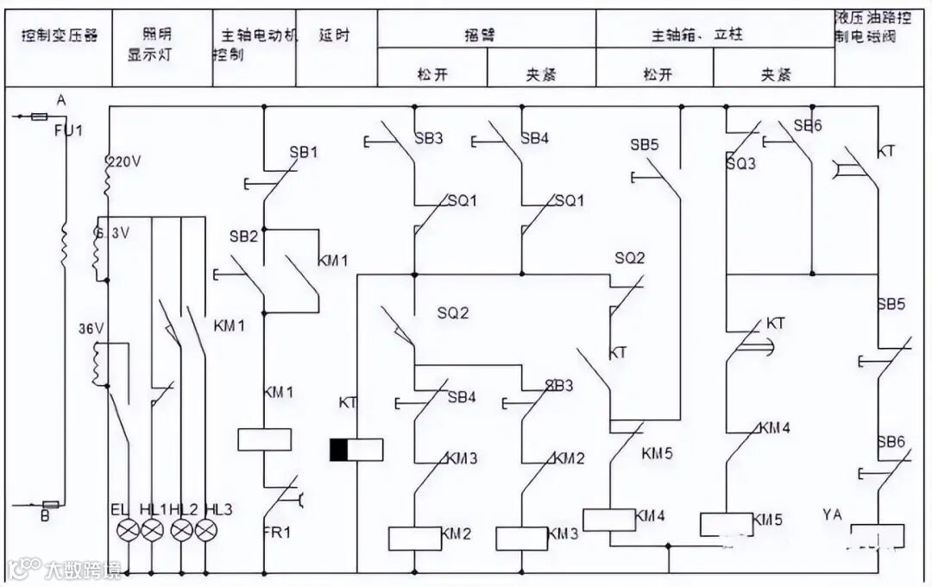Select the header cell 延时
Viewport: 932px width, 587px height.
pos(334,35)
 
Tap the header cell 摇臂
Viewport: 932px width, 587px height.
pos(487,35)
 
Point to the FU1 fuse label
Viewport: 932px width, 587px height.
pos(63,130)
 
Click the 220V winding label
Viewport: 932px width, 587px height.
pos(121,161)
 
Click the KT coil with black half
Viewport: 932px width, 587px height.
pos(356,450)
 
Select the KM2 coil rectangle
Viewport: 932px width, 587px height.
pos(414,538)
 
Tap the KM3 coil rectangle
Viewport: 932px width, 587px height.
pos(521,538)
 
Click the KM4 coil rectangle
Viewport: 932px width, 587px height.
pos(609,520)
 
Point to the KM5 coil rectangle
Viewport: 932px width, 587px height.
pos(725,524)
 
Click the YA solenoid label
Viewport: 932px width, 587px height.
pos(833,515)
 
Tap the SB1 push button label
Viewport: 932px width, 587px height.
pos(303,152)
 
